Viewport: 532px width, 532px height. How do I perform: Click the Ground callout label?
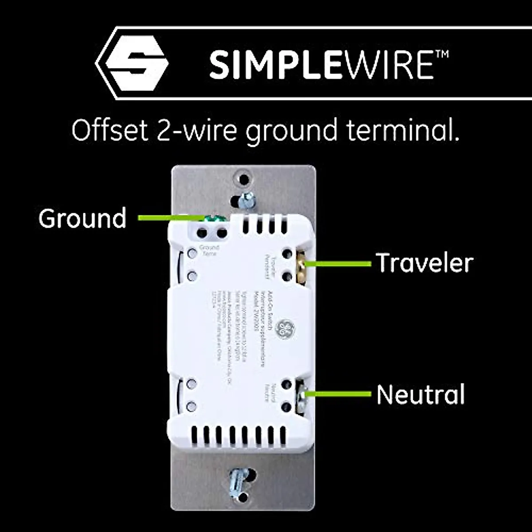tap(82, 218)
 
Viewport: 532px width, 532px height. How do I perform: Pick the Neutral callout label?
tap(420, 394)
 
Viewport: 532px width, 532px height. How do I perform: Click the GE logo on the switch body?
tap(285, 329)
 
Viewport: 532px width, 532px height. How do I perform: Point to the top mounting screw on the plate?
tap(245, 199)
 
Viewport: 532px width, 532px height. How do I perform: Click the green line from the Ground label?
tap(168, 218)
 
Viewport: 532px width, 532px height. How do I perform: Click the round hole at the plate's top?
tap(244, 180)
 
